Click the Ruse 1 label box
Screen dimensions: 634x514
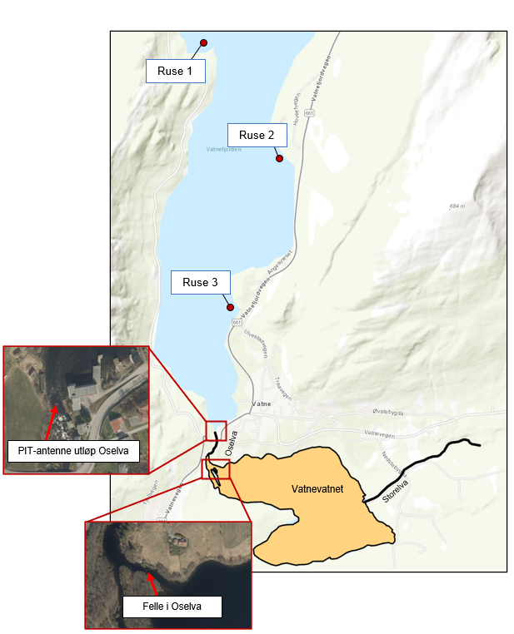tap(175, 72)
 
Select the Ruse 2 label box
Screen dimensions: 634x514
tap(257, 135)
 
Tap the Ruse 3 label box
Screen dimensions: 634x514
tap(200, 283)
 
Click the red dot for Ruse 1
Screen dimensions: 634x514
tap(203, 42)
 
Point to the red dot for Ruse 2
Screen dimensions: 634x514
tap(280, 158)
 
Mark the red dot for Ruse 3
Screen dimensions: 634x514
tap(231, 307)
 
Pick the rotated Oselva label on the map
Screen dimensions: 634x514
tap(232, 442)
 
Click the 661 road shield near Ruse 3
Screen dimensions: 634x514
tap(237, 322)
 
